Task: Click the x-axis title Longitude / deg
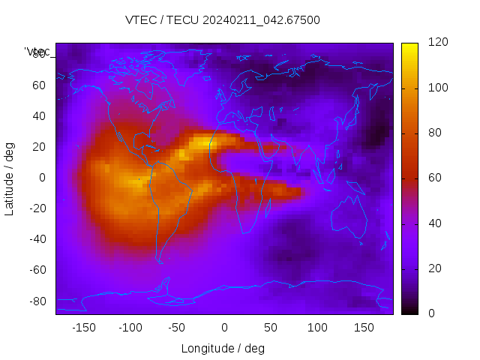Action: [223, 348]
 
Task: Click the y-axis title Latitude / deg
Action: [10, 178]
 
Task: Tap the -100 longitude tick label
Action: [130, 327]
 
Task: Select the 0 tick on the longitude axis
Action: [223, 327]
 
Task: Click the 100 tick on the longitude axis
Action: [317, 327]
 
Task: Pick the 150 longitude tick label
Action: [364, 327]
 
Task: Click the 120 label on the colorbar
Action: [437, 43]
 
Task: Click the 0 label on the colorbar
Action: [431, 313]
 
